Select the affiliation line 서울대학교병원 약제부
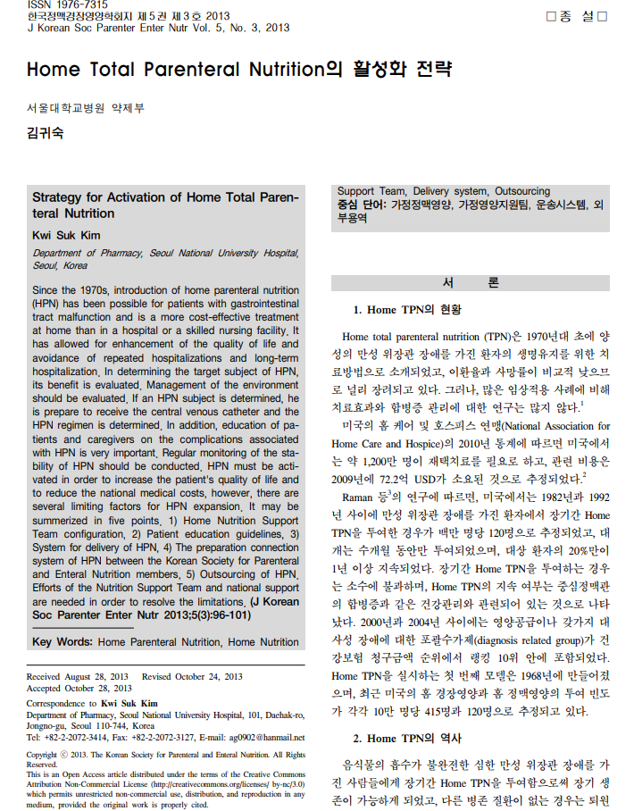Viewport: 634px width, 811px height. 85,109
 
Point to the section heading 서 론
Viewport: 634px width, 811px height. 471,283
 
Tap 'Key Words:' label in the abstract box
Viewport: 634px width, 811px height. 63,642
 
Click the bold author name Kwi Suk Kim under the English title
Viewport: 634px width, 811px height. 66,235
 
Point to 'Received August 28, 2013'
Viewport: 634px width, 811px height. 78,677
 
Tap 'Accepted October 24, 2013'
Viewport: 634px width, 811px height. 79,689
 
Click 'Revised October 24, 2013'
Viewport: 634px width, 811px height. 192,677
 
